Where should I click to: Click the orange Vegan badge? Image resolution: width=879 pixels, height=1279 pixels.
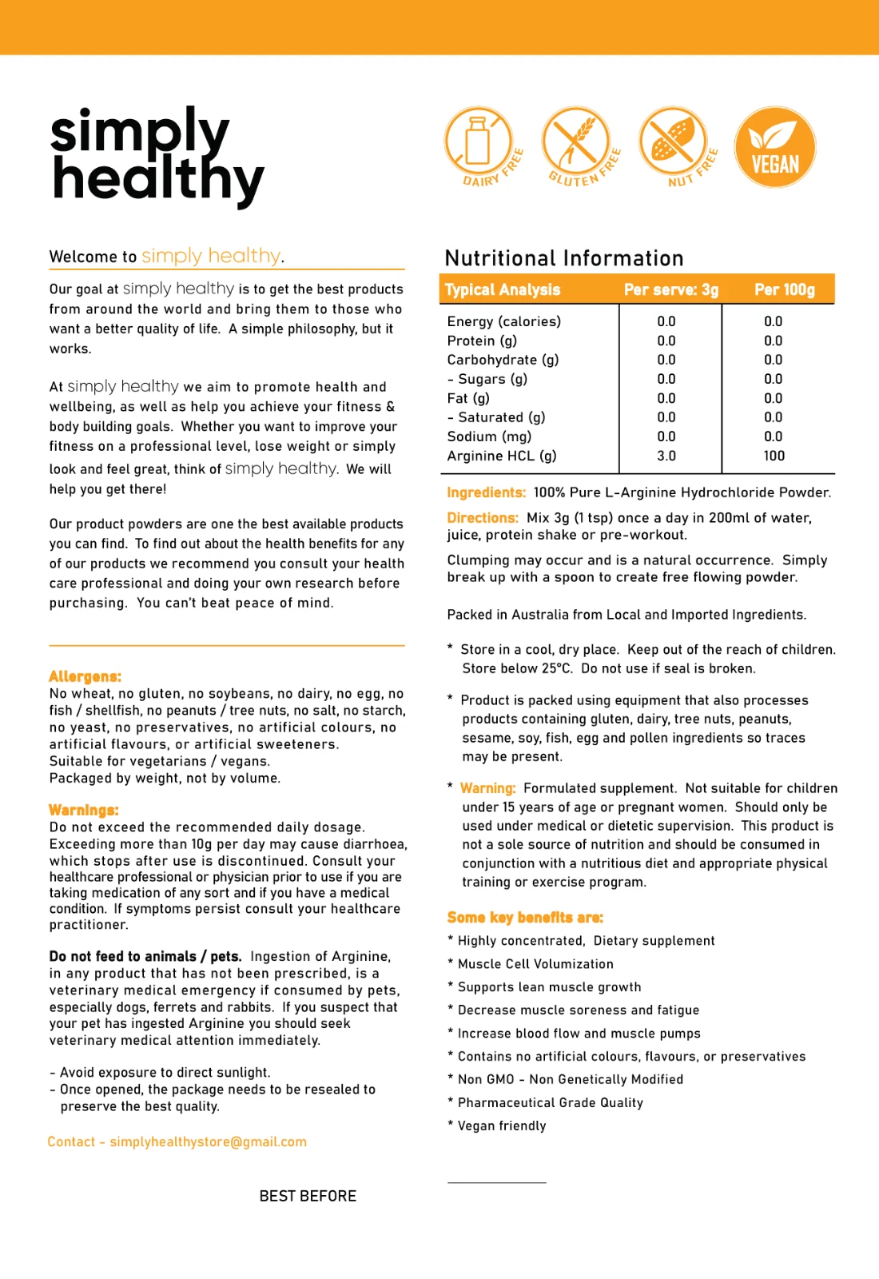pos(774,147)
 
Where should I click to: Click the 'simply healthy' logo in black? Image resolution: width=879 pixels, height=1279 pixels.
pos(157,157)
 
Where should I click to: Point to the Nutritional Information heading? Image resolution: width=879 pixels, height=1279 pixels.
pos(564,258)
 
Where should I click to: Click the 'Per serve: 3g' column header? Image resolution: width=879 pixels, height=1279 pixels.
pos(671,289)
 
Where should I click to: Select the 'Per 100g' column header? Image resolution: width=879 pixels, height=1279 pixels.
pos(785,289)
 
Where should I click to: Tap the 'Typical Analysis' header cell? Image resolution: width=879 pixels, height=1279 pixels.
pos(503,289)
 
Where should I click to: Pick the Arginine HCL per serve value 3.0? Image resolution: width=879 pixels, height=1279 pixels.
pos(666,456)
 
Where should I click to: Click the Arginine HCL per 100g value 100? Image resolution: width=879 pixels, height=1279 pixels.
pos(774,456)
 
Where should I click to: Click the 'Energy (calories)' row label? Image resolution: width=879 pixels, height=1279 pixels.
pos(503,321)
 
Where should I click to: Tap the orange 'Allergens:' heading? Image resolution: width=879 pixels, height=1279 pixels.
pos(85,676)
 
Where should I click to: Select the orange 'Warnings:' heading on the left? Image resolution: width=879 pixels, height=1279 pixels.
pos(84,810)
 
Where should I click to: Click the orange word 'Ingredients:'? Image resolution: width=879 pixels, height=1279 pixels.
pos(486,492)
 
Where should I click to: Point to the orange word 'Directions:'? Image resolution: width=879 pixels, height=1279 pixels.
pos(483,518)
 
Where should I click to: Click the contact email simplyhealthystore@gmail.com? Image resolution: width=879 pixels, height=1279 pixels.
pos(208,1142)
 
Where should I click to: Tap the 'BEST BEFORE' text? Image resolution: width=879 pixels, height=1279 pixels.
pos(308,1196)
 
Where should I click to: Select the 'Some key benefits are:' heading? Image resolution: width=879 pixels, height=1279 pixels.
pos(525,917)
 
